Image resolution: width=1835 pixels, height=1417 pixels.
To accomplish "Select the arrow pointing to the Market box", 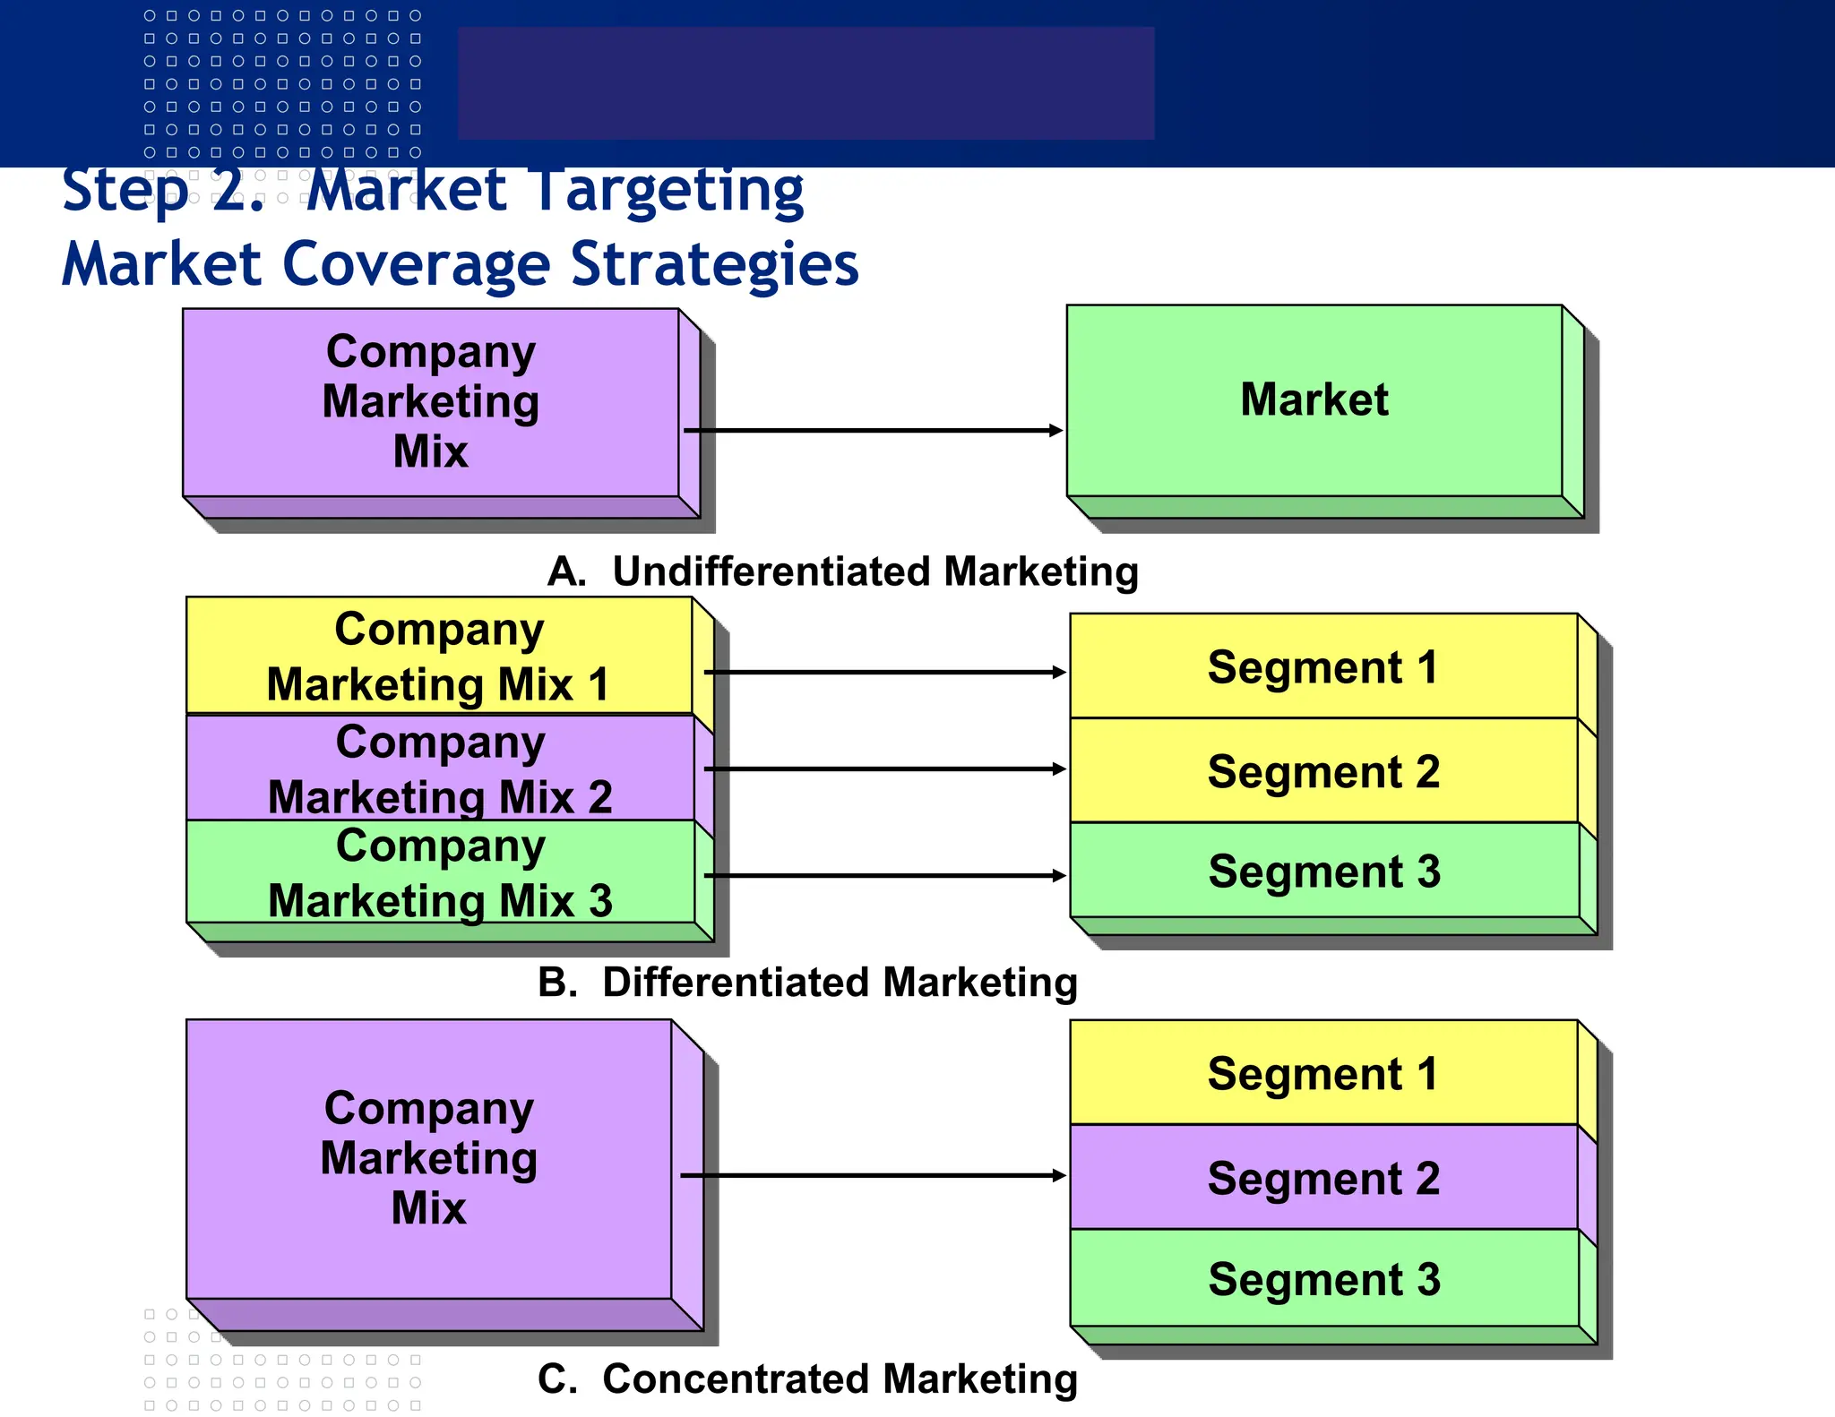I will (x=874, y=431).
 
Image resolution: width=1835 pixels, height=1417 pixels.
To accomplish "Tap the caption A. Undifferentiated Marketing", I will (x=842, y=571).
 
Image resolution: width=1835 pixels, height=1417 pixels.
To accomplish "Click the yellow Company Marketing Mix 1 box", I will (x=439, y=656).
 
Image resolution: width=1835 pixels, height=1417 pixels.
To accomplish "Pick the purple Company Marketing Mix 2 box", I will (x=439, y=769).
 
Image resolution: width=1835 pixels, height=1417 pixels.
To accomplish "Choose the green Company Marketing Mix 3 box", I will (x=439, y=872).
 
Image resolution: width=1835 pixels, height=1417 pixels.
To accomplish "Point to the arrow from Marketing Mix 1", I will (x=885, y=672).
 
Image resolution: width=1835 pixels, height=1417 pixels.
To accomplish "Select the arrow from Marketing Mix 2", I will (x=885, y=769).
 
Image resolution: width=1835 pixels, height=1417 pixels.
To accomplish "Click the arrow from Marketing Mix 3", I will (x=885, y=875).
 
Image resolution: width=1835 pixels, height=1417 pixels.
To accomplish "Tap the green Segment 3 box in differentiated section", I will (x=1323, y=871).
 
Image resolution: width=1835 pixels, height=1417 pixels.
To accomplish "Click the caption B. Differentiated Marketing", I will (x=807, y=982).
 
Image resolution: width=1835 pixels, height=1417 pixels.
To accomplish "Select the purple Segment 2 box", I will (x=1323, y=1178).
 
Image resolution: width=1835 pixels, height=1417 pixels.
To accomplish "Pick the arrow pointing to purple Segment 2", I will (x=874, y=1175).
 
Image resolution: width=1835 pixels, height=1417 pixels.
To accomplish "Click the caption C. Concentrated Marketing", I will (x=807, y=1378).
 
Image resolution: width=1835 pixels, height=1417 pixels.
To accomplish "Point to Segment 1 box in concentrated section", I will (x=1323, y=1073).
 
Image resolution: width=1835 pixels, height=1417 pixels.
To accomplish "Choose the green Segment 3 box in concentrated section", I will (x=1323, y=1279).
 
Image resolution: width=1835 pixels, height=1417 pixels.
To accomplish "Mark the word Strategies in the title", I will (x=714, y=264).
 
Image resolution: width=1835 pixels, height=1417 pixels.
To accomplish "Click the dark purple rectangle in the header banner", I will (x=806, y=82).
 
